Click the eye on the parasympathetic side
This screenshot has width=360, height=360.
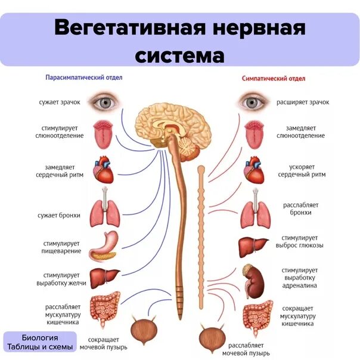105,103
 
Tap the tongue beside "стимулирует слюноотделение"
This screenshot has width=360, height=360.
104,135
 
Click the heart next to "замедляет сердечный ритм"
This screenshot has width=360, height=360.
104,170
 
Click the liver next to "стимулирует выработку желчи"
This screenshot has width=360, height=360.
105,278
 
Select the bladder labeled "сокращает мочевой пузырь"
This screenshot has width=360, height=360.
143,331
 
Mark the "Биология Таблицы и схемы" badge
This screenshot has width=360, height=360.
39,342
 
